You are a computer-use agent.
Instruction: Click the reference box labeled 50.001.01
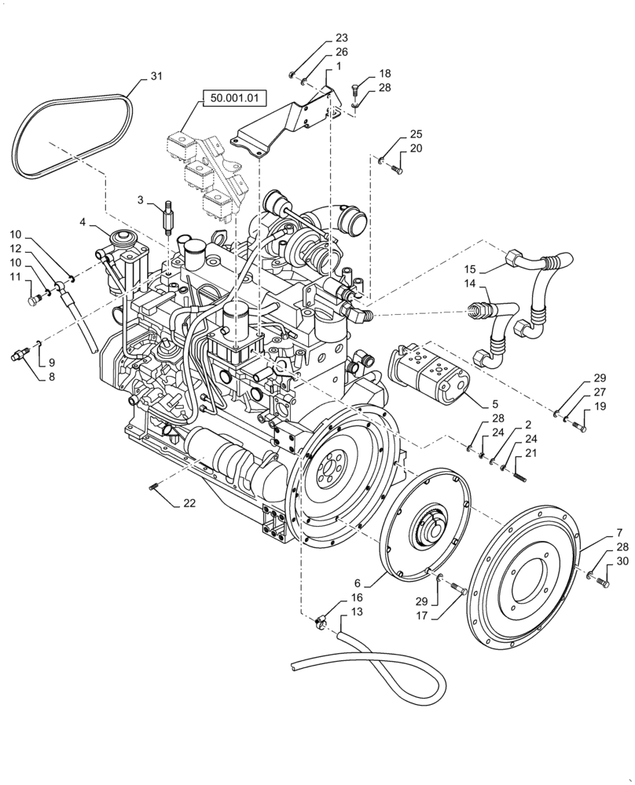click(x=235, y=99)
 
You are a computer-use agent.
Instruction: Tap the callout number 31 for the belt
click(x=156, y=76)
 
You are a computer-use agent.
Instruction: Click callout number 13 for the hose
click(x=357, y=612)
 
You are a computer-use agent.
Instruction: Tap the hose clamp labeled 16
click(x=320, y=625)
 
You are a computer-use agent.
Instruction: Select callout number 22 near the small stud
click(x=190, y=503)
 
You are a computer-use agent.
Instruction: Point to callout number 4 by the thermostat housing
click(x=83, y=223)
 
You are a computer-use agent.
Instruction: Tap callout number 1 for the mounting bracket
click(x=338, y=68)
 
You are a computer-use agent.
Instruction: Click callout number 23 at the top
click(x=341, y=38)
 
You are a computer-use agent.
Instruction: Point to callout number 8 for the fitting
click(x=51, y=376)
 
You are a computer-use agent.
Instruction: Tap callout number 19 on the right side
click(x=600, y=407)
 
